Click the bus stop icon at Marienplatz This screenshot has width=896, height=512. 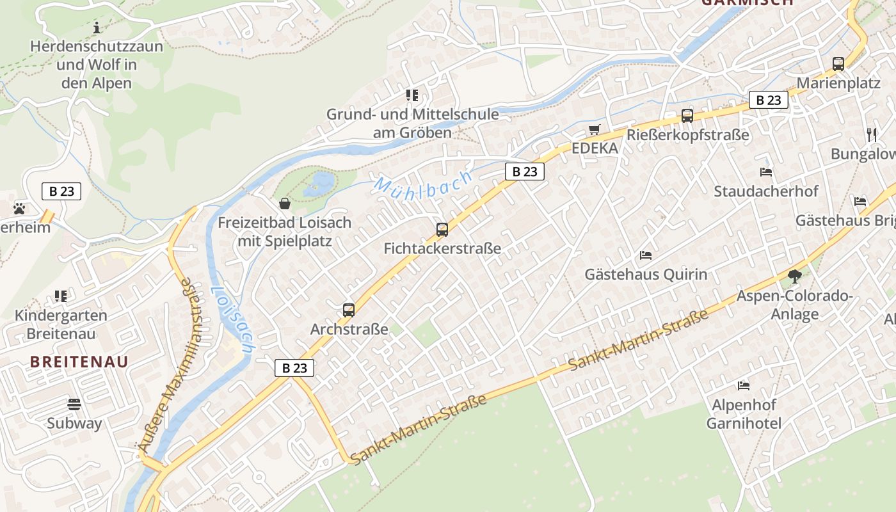pos(838,64)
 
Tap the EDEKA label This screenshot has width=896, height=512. pos(595,148)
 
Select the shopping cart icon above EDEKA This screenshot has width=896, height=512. pos(595,130)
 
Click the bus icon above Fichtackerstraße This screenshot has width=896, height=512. pos(442,230)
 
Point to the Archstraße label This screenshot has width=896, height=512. pos(349,330)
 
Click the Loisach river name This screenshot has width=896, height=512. pos(232,319)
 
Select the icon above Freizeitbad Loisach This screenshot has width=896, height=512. pos(285,204)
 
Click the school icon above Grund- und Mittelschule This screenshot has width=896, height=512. pos(412,95)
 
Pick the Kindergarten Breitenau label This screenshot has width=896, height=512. pos(61,324)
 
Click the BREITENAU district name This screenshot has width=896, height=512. pos(79,362)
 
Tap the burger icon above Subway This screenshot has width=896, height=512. pos(74,404)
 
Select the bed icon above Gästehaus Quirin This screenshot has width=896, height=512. pos(646,255)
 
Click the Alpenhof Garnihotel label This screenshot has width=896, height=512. pos(744,414)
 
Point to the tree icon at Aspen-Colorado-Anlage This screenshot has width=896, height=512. pos(794,276)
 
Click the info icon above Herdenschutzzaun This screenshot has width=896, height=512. pos(97,28)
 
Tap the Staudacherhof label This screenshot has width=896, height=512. pos(766,191)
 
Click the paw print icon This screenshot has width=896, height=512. pos(19,208)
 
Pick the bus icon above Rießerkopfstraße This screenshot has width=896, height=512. pos(687,116)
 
